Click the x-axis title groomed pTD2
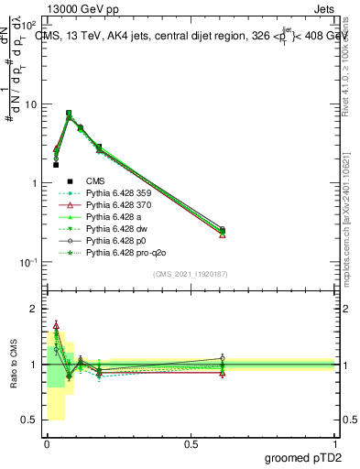[x=304, y=459]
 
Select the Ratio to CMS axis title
[x=14, y=365]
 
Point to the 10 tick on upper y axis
[x=31, y=104]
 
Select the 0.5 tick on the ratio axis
[x=30, y=420]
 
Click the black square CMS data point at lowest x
[x=56, y=165]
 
